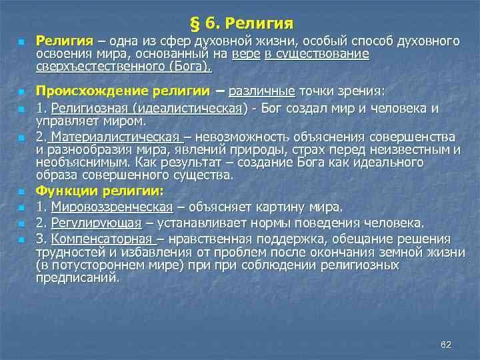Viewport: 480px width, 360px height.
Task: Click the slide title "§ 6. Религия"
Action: [241, 24]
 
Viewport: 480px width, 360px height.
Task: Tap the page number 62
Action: [446, 344]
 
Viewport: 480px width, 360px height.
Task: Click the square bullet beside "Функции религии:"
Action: [21, 192]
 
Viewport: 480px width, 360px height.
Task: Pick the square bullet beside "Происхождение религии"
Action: [21, 92]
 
